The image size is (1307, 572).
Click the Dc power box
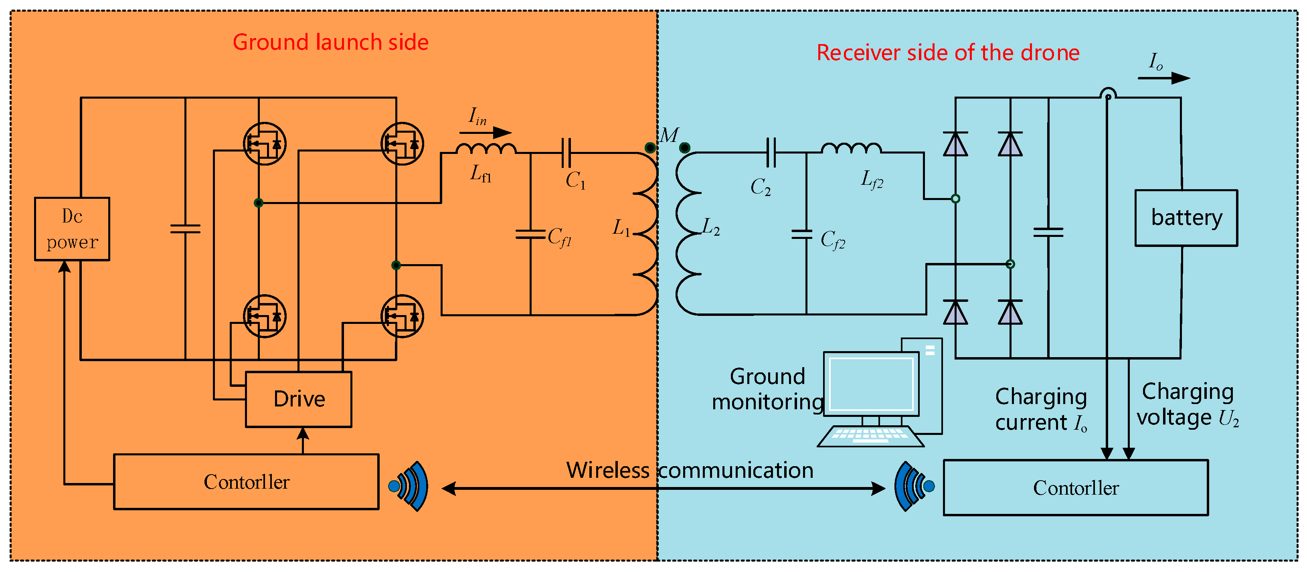(72, 229)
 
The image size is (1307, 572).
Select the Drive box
(298, 399)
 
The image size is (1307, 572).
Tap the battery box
(1186, 218)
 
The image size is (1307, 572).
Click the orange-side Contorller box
(246, 482)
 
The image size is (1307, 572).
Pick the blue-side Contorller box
(1076, 488)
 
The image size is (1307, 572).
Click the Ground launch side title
(330, 42)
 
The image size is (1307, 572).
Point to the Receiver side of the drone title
(948, 53)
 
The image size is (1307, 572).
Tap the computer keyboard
(870, 436)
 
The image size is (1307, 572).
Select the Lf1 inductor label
(480, 174)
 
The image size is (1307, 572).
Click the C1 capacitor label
(575, 180)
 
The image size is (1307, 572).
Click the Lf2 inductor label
(872, 179)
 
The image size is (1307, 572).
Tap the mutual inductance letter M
(669, 135)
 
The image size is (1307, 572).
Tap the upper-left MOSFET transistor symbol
(264, 144)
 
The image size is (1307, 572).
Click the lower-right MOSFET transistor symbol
(402, 316)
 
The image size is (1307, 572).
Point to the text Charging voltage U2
(1187, 405)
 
